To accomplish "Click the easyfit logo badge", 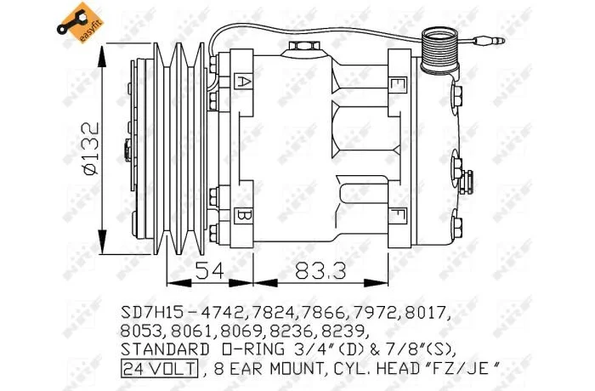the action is coord(80,23).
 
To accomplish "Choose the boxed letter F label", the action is coord(397,216).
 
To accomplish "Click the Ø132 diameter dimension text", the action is coord(91,149).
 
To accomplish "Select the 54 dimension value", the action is coord(209,270).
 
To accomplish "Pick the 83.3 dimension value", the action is coord(320,270).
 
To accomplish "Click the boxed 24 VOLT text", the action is coord(160,368).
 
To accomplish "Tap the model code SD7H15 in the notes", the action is coord(152,313).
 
